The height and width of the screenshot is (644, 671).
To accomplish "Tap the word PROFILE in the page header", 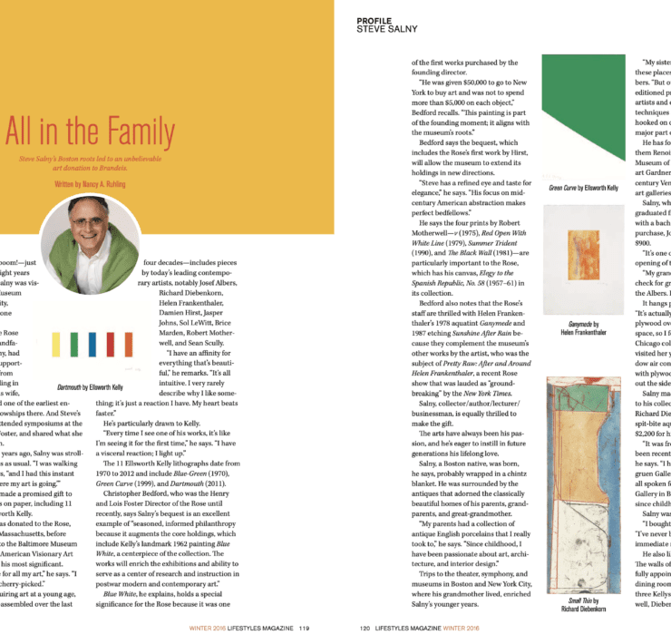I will click(x=374, y=20).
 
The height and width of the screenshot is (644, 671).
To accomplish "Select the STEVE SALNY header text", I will click(x=385, y=29).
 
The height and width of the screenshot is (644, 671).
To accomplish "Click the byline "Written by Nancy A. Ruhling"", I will click(x=92, y=183).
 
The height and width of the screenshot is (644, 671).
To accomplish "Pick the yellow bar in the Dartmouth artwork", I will click(x=57, y=344).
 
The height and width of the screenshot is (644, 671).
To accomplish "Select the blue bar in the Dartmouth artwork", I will click(x=92, y=344).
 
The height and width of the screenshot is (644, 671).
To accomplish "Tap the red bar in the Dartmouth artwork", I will click(x=109, y=344).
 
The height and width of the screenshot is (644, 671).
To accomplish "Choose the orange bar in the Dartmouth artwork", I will click(x=126, y=344).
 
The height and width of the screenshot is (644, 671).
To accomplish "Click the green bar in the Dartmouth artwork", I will click(x=74, y=344).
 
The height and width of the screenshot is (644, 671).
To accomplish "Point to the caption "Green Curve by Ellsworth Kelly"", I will click(x=584, y=189).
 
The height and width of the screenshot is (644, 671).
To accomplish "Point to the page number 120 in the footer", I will click(x=365, y=627).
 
